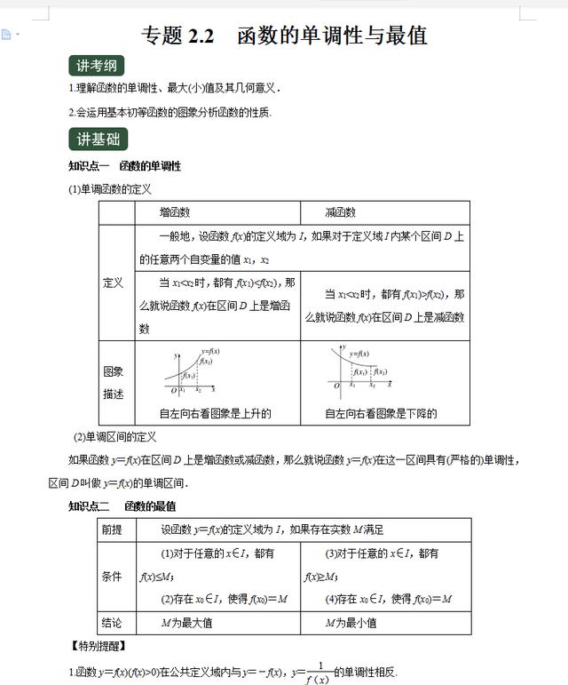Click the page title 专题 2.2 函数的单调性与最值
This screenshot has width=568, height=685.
tap(284, 35)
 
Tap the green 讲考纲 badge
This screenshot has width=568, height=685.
tap(97, 67)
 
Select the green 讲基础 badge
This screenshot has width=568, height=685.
tap(98, 139)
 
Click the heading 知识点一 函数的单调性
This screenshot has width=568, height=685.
tap(125, 166)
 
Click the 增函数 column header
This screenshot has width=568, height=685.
tap(175, 212)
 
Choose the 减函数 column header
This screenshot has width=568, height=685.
tap(341, 212)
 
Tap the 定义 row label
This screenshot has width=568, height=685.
tap(114, 283)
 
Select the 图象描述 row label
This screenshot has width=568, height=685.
tap(114, 382)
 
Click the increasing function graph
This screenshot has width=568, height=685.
tap(190, 370)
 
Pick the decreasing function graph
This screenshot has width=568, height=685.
tap(359, 368)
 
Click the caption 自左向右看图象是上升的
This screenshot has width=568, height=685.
tap(215, 413)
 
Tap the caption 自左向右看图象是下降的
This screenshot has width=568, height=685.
tap(381, 413)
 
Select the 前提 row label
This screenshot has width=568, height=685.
tap(113, 530)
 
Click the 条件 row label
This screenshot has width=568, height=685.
tap(113, 576)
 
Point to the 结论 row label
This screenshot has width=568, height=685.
tap(113, 623)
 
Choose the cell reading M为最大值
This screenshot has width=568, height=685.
tap(186, 623)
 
